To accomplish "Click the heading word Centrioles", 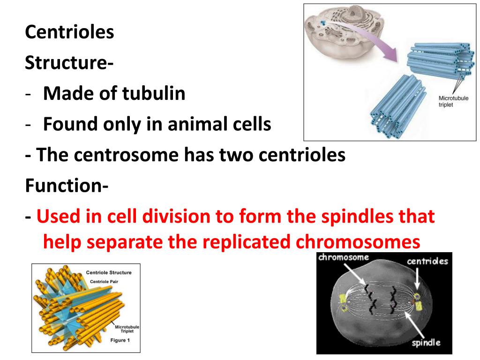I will (x=69, y=33).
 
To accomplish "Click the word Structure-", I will (x=68, y=63).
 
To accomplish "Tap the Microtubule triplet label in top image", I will (x=452, y=101).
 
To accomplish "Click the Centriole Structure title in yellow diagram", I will (x=109, y=272).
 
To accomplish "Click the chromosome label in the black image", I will (x=343, y=257).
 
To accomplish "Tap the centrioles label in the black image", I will (x=427, y=261).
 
